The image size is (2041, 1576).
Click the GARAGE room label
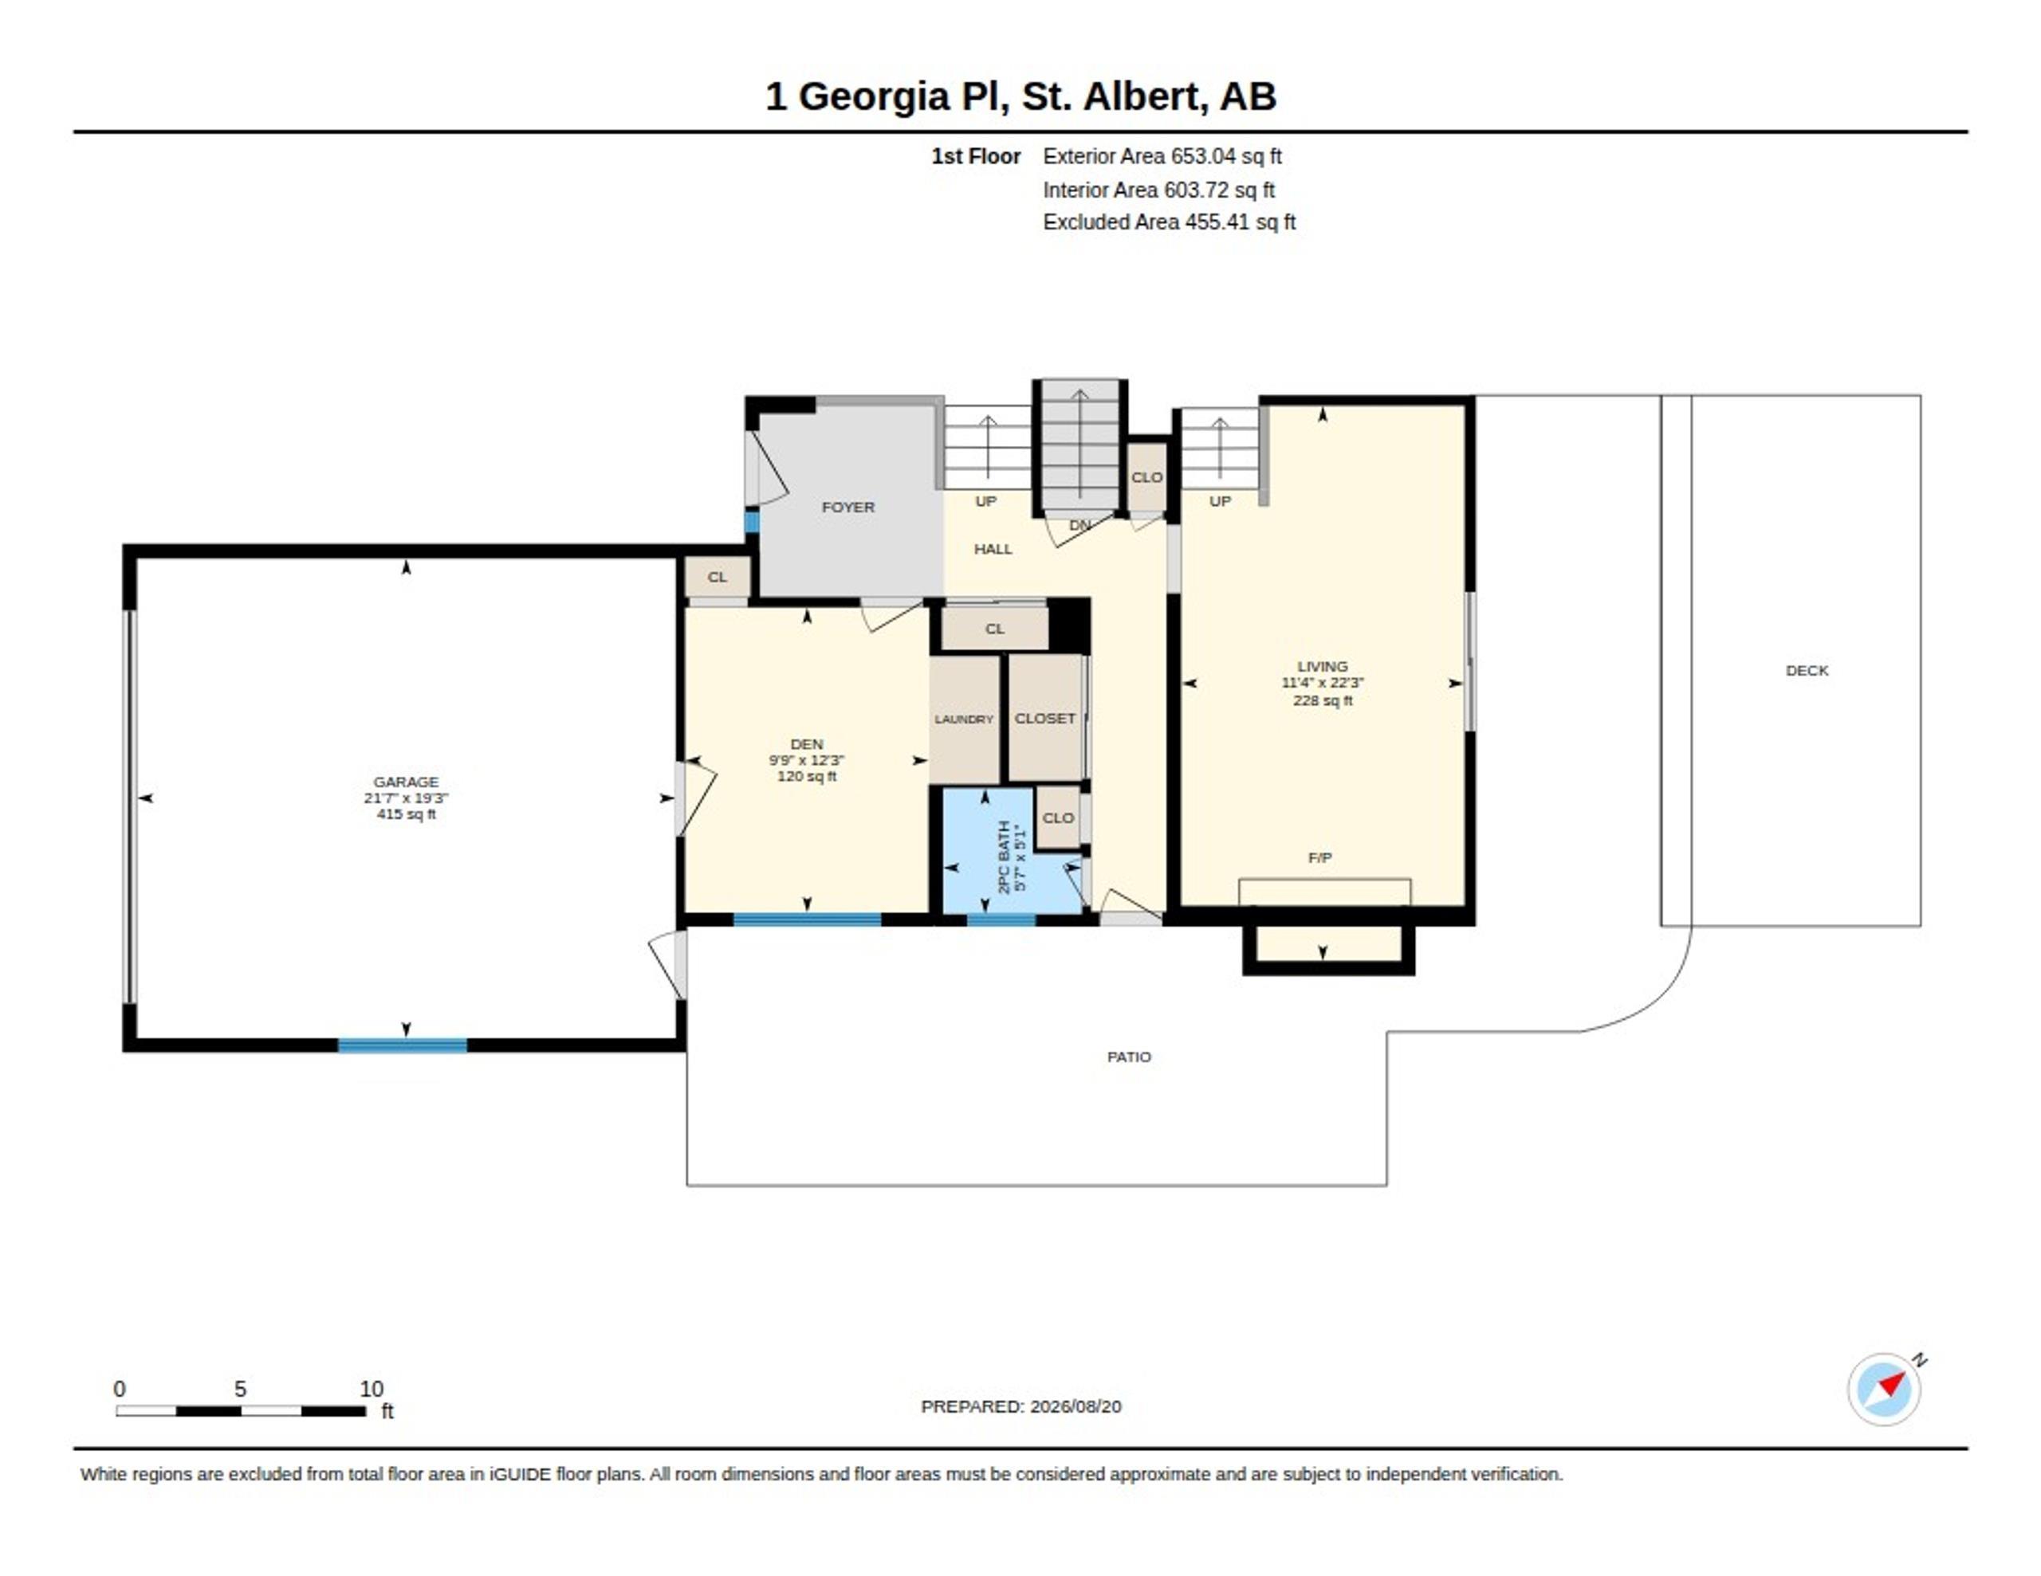tap(406, 782)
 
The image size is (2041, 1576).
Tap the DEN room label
tap(807, 744)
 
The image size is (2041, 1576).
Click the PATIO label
tap(1129, 1057)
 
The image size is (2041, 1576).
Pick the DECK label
tap(1807, 671)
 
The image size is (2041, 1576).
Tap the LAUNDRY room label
tap(963, 719)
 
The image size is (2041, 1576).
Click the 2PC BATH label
tap(1004, 857)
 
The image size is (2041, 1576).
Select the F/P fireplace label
tap(1319, 857)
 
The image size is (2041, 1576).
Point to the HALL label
tap(993, 549)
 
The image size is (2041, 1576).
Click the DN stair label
tap(1079, 525)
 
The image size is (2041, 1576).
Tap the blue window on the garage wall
tap(402, 1045)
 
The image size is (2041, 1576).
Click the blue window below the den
tap(807, 920)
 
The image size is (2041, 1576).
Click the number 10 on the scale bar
tap(371, 1390)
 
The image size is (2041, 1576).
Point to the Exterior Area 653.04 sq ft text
tap(1162, 156)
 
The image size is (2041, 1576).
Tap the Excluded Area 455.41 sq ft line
tap(1169, 222)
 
